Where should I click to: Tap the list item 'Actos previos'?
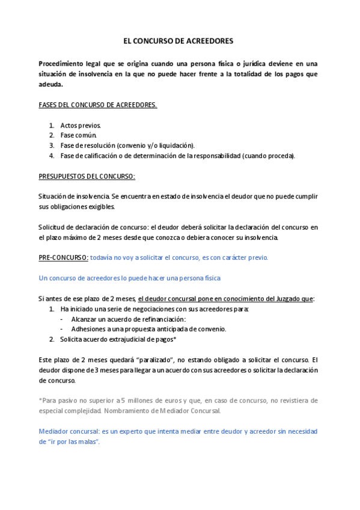81,125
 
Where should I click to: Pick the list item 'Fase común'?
78,135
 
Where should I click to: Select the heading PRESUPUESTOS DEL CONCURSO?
87,176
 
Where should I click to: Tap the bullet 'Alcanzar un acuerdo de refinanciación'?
128,319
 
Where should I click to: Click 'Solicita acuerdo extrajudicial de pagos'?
118,339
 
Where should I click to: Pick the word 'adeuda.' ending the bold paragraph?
50,84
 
